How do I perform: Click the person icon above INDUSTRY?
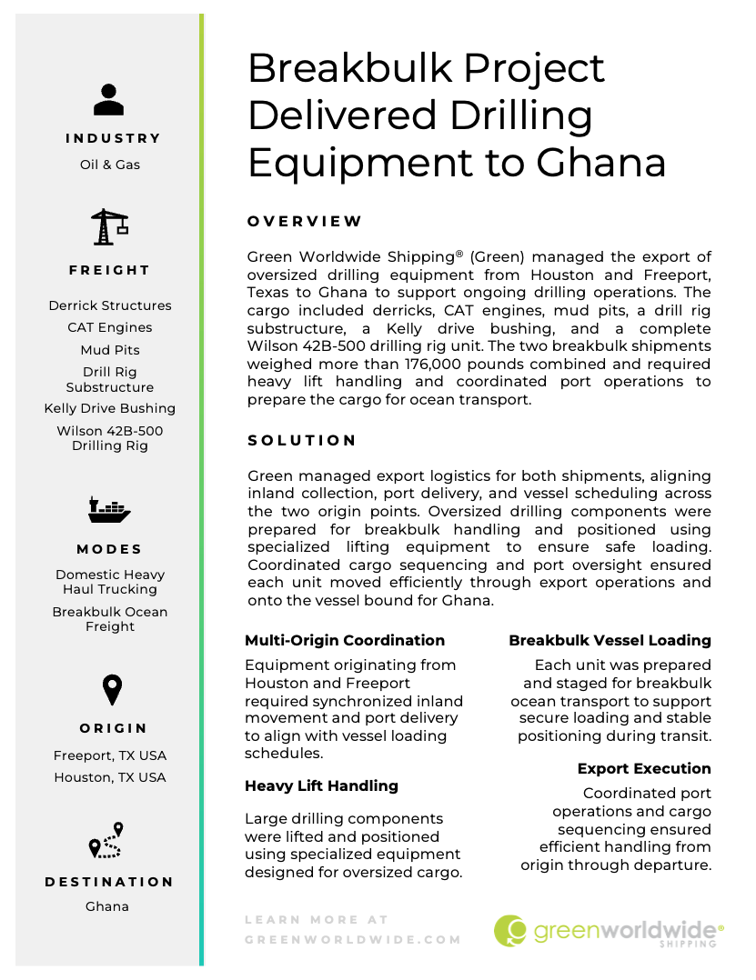pos(108,99)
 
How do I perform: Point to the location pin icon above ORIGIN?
pos(111,690)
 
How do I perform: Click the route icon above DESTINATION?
pos(106,841)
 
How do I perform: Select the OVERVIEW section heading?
pos(305,221)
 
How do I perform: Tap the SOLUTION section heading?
pos(302,440)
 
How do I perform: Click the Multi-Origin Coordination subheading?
pos(345,640)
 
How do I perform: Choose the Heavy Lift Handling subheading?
pos(321,785)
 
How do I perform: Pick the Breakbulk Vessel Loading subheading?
pos(610,640)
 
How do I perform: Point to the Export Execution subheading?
pos(644,768)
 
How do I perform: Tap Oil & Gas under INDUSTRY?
pos(110,165)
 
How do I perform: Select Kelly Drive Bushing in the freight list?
pos(110,408)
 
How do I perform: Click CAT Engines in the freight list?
pos(110,327)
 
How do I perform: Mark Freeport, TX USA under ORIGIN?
pos(110,755)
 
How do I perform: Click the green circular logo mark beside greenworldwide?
pos(510,930)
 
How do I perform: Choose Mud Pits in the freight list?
pos(110,349)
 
